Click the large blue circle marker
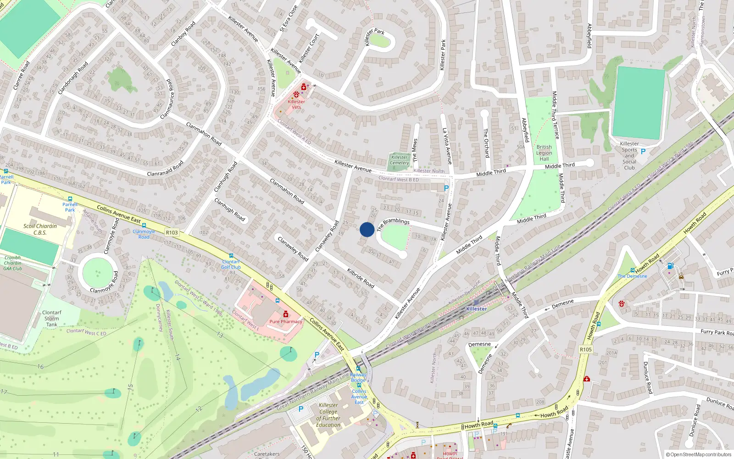(367, 229)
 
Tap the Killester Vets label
(296, 105)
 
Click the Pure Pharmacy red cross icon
(286, 314)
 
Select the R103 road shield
(172, 233)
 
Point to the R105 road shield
(586, 349)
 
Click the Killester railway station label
(476, 309)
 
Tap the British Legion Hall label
(544, 153)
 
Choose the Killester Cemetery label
(399, 160)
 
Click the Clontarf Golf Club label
(231, 264)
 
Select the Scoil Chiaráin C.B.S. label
(40, 229)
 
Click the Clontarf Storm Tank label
(51, 319)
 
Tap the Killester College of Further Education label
(328, 415)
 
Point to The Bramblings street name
(393, 224)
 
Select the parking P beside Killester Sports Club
(643, 151)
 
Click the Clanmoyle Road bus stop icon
(144, 226)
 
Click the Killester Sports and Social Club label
(629, 156)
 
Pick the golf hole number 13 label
(220, 335)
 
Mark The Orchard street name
(486, 143)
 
